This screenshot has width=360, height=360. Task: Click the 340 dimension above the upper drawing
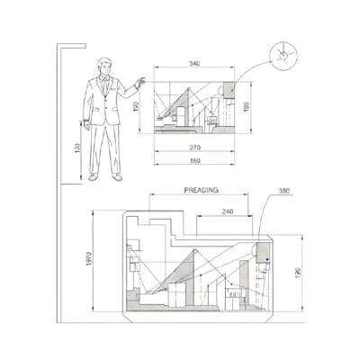pyautogui.click(x=194, y=64)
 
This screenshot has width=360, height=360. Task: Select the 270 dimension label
pyautogui.click(x=194, y=145)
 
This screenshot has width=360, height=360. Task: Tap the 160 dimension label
pyautogui.click(x=194, y=161)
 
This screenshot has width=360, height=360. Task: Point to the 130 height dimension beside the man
pyautogui.click(x=77, y=148)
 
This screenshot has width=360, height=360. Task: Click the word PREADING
pyautogui.click(x=202, y=190)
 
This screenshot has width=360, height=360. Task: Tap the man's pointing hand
pyautogui.click(x=139, y=83)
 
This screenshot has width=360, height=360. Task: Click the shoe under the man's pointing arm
pyautogui.click(x=116, y=177)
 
